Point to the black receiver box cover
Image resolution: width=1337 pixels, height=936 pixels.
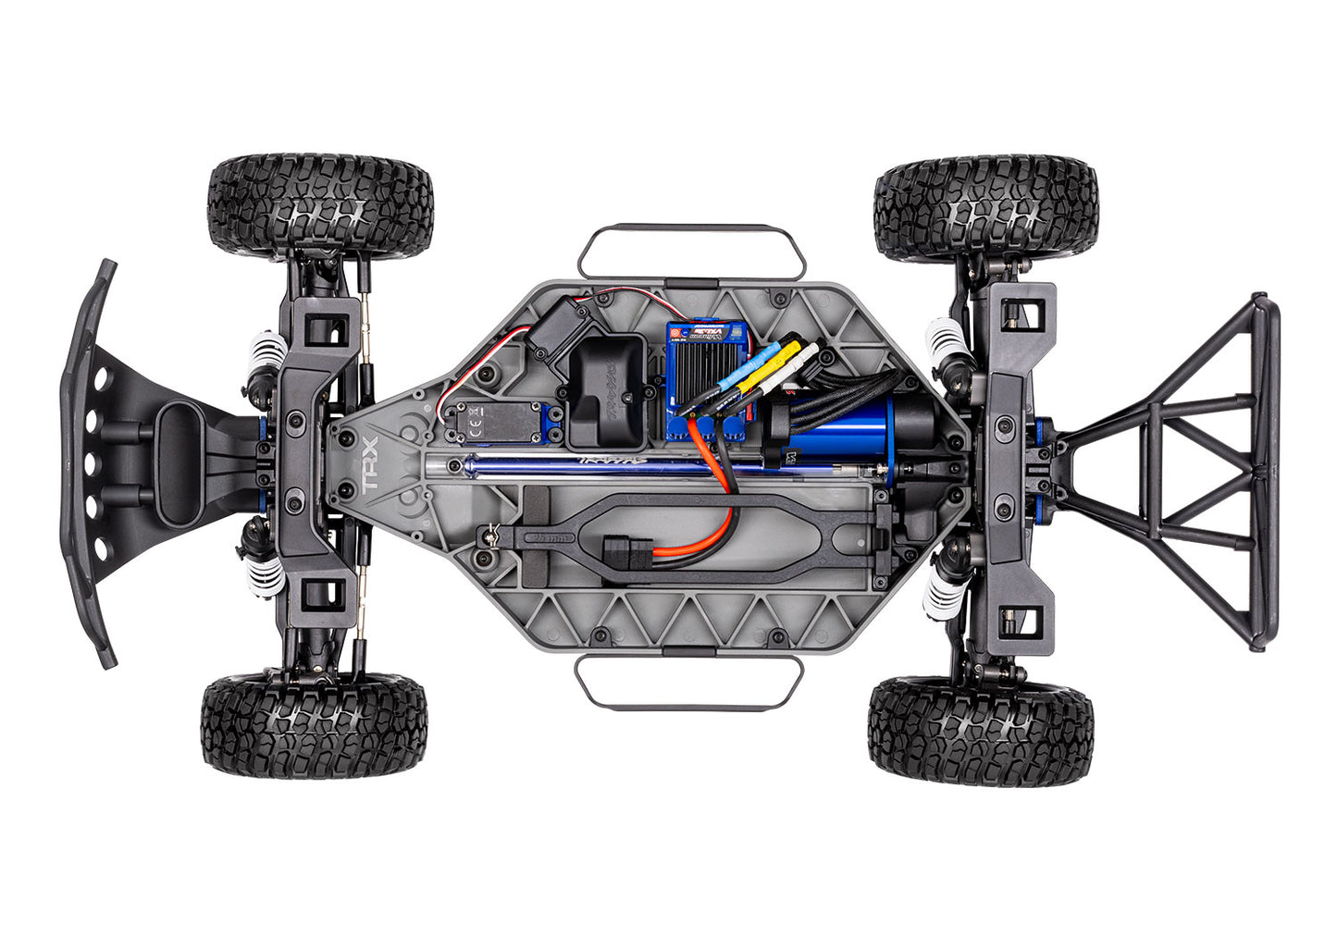tap(607, 389)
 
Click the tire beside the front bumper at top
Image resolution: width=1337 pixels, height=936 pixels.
tap(320, 206)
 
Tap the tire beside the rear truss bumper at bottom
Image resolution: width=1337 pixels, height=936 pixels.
tap(981, 730)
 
